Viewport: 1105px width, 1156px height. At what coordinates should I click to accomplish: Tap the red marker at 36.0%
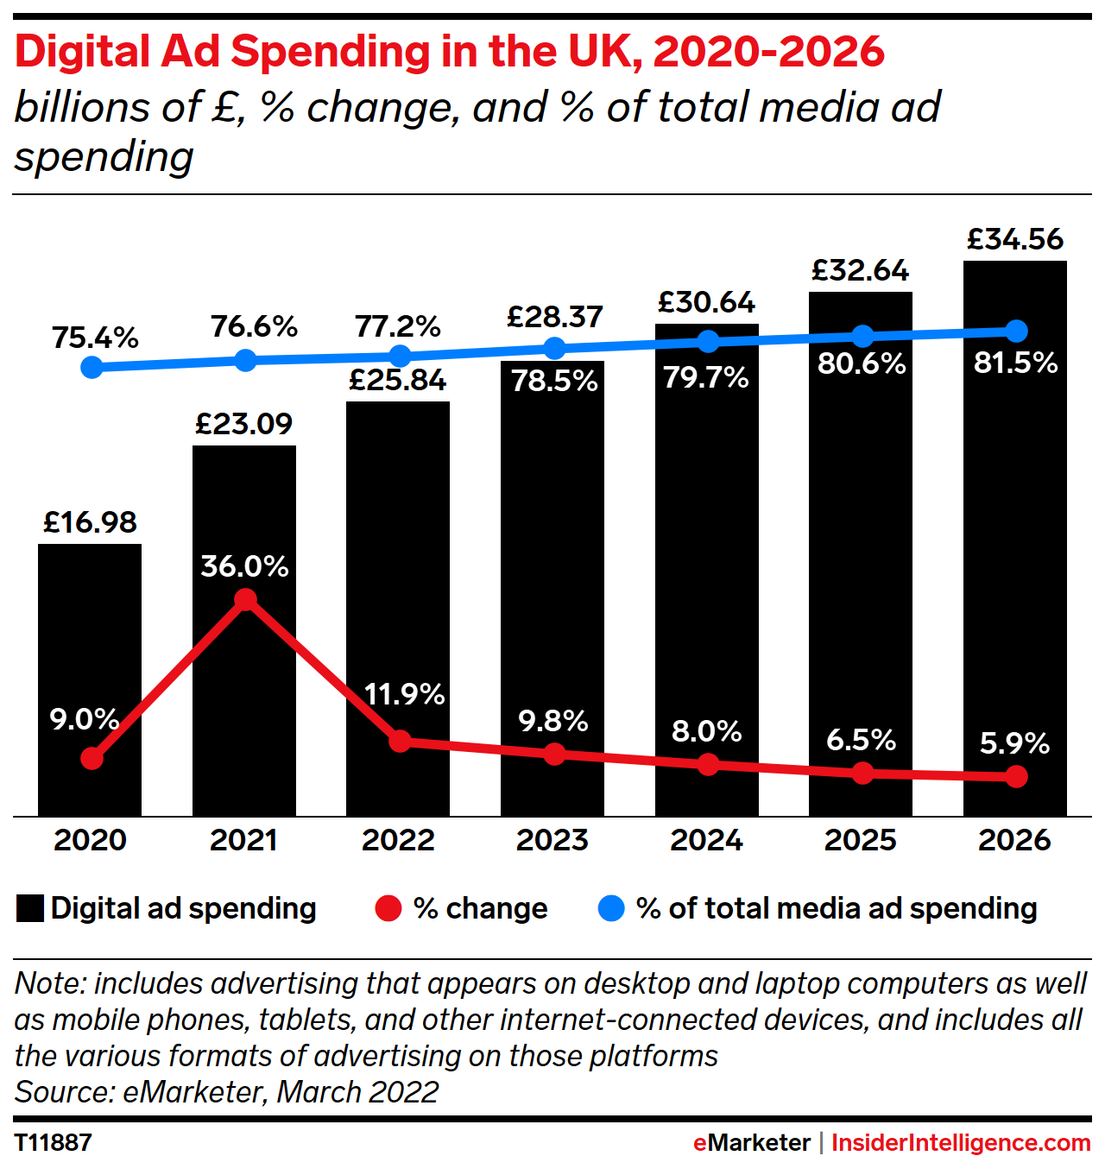(x=245, y=599)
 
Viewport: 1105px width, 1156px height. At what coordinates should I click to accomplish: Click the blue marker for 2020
(x=92, y=367)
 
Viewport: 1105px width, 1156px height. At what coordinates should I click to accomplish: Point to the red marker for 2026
(x=1017, y=777)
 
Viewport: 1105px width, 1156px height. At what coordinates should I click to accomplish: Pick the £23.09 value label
(x=244, y=424)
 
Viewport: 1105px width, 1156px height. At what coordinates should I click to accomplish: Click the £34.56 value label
(x=1015, y=239)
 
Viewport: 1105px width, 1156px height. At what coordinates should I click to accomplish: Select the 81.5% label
(x=1015, y=363)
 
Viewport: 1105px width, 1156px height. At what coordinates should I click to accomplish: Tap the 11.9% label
(x=404, y=694)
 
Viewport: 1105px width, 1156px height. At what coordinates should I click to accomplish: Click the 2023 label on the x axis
(x=552, y=840)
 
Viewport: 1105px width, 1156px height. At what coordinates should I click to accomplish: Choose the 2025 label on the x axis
(x=861, y=840)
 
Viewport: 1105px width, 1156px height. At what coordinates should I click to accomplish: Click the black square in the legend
(x=30, y=909)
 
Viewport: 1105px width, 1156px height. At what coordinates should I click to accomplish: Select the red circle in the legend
(x=388, y=909)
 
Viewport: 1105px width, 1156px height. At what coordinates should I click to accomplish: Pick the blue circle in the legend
(x=611, y=909)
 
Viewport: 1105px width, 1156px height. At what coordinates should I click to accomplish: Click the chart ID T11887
(x=54, y=1142)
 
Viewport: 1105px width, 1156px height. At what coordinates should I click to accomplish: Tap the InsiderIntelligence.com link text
(x=961, y=1142)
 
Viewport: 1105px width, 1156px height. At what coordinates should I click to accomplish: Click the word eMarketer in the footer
(x=752, y=1142)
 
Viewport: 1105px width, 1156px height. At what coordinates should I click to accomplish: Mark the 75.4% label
(x=95, y=338)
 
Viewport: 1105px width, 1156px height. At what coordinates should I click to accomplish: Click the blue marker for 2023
(x=554, y=349)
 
